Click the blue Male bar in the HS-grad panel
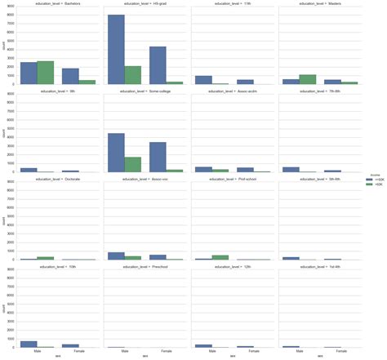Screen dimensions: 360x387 [117, 49]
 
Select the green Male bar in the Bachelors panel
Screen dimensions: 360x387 [46, 73]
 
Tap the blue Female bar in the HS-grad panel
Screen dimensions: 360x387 [158, 65]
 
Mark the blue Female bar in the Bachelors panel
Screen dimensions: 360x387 [71, 76]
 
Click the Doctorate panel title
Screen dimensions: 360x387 [57, 179]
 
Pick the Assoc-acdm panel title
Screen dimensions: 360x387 [232, 91]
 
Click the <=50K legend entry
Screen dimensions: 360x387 [372, 180]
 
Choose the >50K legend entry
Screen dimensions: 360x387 [372, 185]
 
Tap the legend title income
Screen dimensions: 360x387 [373, 174]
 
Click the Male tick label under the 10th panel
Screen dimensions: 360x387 [38, 352]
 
